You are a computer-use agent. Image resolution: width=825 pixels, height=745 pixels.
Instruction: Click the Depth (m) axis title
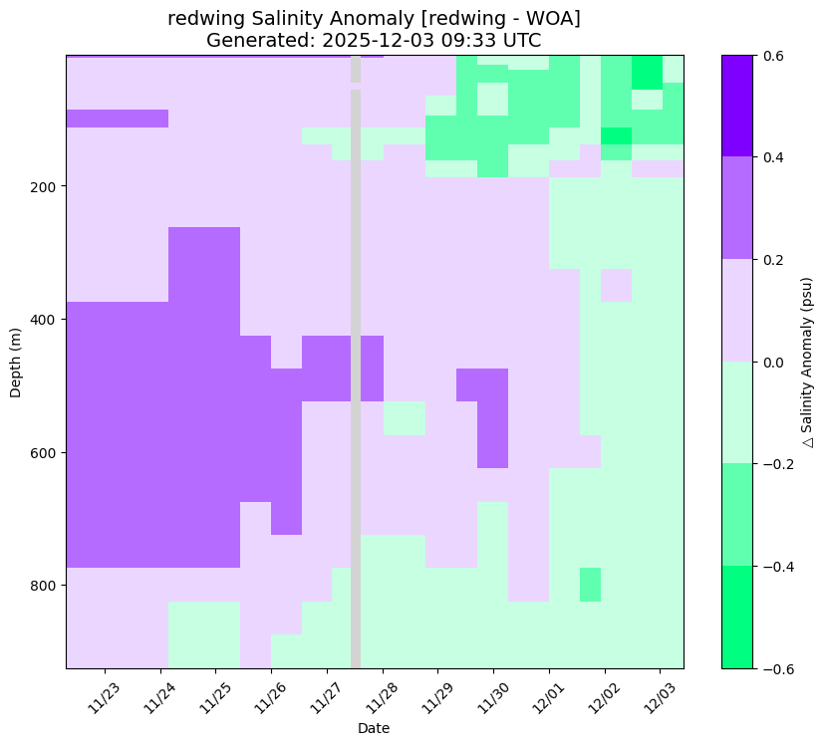tap(16, 362)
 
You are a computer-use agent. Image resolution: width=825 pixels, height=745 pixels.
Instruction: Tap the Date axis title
tap(374, 728)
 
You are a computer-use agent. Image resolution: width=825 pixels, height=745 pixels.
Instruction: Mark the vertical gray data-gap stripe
tap(355, 398)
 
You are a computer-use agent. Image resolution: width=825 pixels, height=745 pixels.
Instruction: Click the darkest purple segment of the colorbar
tap(738, 106)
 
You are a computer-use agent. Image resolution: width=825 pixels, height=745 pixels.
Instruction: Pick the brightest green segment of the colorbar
tap(738, 617)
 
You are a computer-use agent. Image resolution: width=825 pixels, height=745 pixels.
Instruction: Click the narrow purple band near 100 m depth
tap(117, 119)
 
